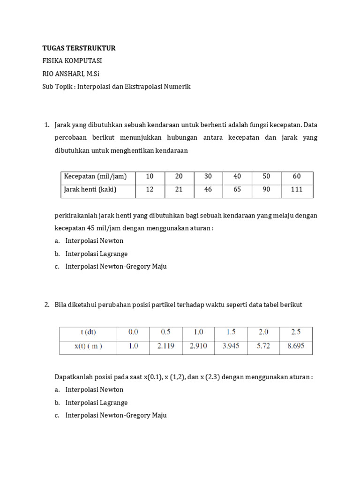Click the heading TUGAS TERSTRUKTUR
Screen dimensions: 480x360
pos(79,48)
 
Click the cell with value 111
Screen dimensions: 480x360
pos(296,190)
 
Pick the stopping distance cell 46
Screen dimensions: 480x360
pos(208,190)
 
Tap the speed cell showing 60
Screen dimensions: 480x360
pos(296,177)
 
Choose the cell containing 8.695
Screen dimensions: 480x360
pos(295,346)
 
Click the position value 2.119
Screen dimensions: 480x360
pos(165,346)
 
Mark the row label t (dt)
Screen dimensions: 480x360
pos(88,332)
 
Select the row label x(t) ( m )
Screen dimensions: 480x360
pos(88,346)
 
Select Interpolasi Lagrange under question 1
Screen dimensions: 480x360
pos(97,254)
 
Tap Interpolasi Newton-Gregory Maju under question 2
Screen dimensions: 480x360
pos(116,415)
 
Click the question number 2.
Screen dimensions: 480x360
pos(46,305)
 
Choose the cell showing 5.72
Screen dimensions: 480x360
pos(263,346)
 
